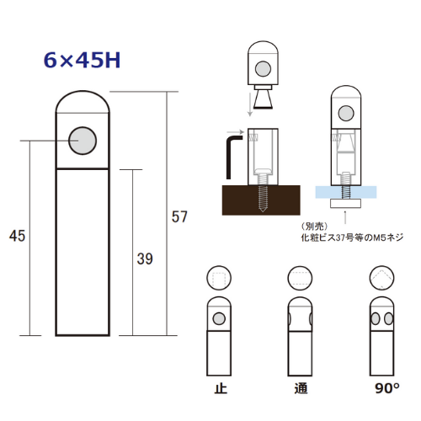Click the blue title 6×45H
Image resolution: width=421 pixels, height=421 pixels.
click(82, 60)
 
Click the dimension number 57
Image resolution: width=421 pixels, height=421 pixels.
click(179, 216)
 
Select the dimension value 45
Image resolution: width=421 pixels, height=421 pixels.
click(17, 236)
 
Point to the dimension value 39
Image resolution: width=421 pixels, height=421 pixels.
click(145, 258)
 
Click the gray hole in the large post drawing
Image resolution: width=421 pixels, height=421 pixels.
click(83, 141)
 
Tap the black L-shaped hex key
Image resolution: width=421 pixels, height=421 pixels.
click(233, 157)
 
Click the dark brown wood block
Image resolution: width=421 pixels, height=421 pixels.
click(261, 200)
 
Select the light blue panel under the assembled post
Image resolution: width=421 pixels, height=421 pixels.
click(346, 192)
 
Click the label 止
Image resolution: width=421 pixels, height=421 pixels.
click(221, 388)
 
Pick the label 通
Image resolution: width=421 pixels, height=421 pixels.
click(301, 388)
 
